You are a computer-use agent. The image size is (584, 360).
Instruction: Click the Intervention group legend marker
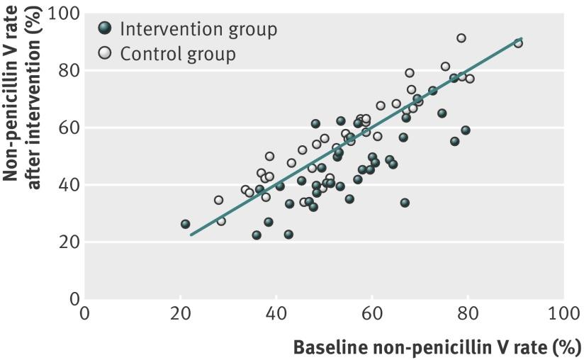(x=105, y=28)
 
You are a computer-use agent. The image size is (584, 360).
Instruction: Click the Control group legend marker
(x=105, y=53)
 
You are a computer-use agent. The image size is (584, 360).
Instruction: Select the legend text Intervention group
(x=198, y=29)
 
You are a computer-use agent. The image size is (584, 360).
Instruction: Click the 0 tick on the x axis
(x=85, y=313)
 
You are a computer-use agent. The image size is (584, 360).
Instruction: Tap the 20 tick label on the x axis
(x=181, y=313)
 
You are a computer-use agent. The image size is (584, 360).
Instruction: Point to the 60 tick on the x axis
(x=371, y=313)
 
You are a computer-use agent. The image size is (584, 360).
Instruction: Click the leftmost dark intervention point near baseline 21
(x=185, y=224)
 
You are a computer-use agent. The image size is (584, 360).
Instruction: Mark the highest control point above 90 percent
(x=461, y=38)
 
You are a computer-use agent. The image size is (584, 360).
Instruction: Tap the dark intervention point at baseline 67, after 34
(x=405, y=203)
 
